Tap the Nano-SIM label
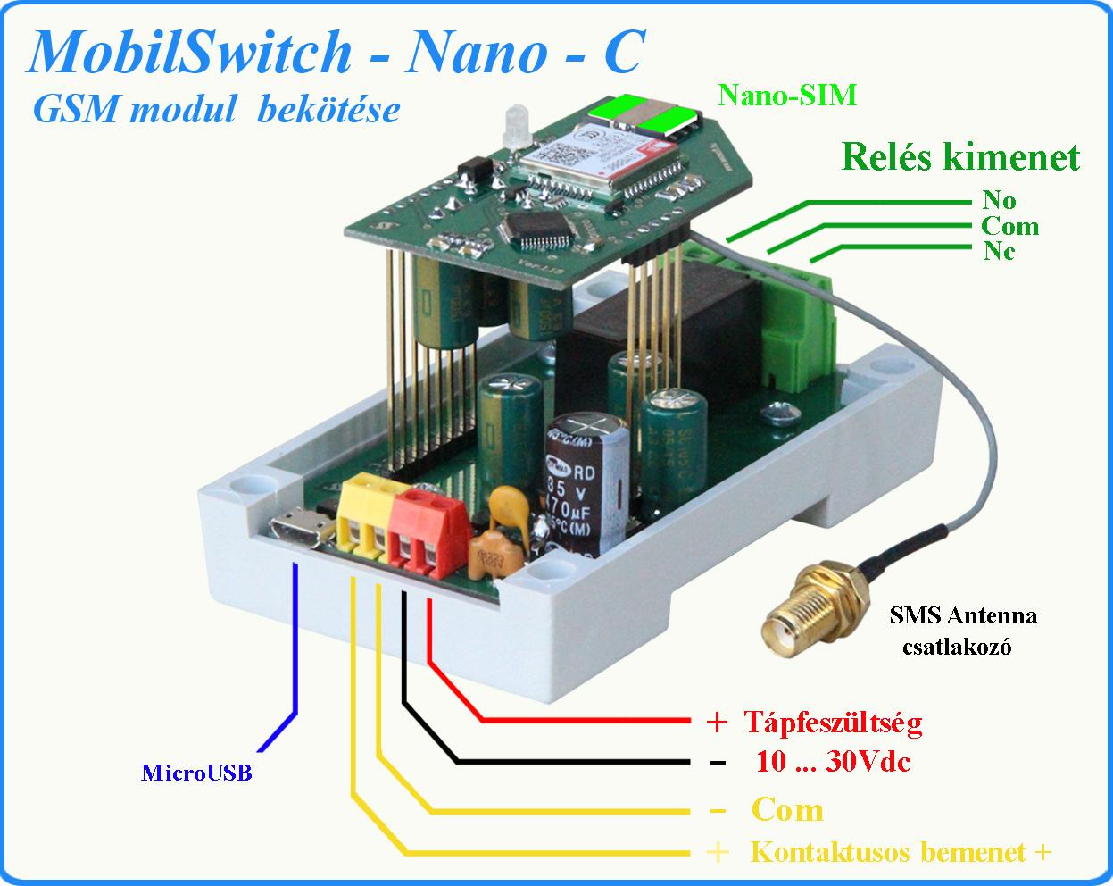point(787,95)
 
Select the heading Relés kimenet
point(959,158)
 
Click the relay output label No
point(999,199)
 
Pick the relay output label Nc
point(999,251)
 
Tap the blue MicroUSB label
point(196,773)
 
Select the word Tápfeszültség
point(833,721)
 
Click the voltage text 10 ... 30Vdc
point(833,762)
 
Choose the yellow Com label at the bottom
point(787,810)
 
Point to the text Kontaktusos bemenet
point(888,852)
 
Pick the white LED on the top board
point(514,125)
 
